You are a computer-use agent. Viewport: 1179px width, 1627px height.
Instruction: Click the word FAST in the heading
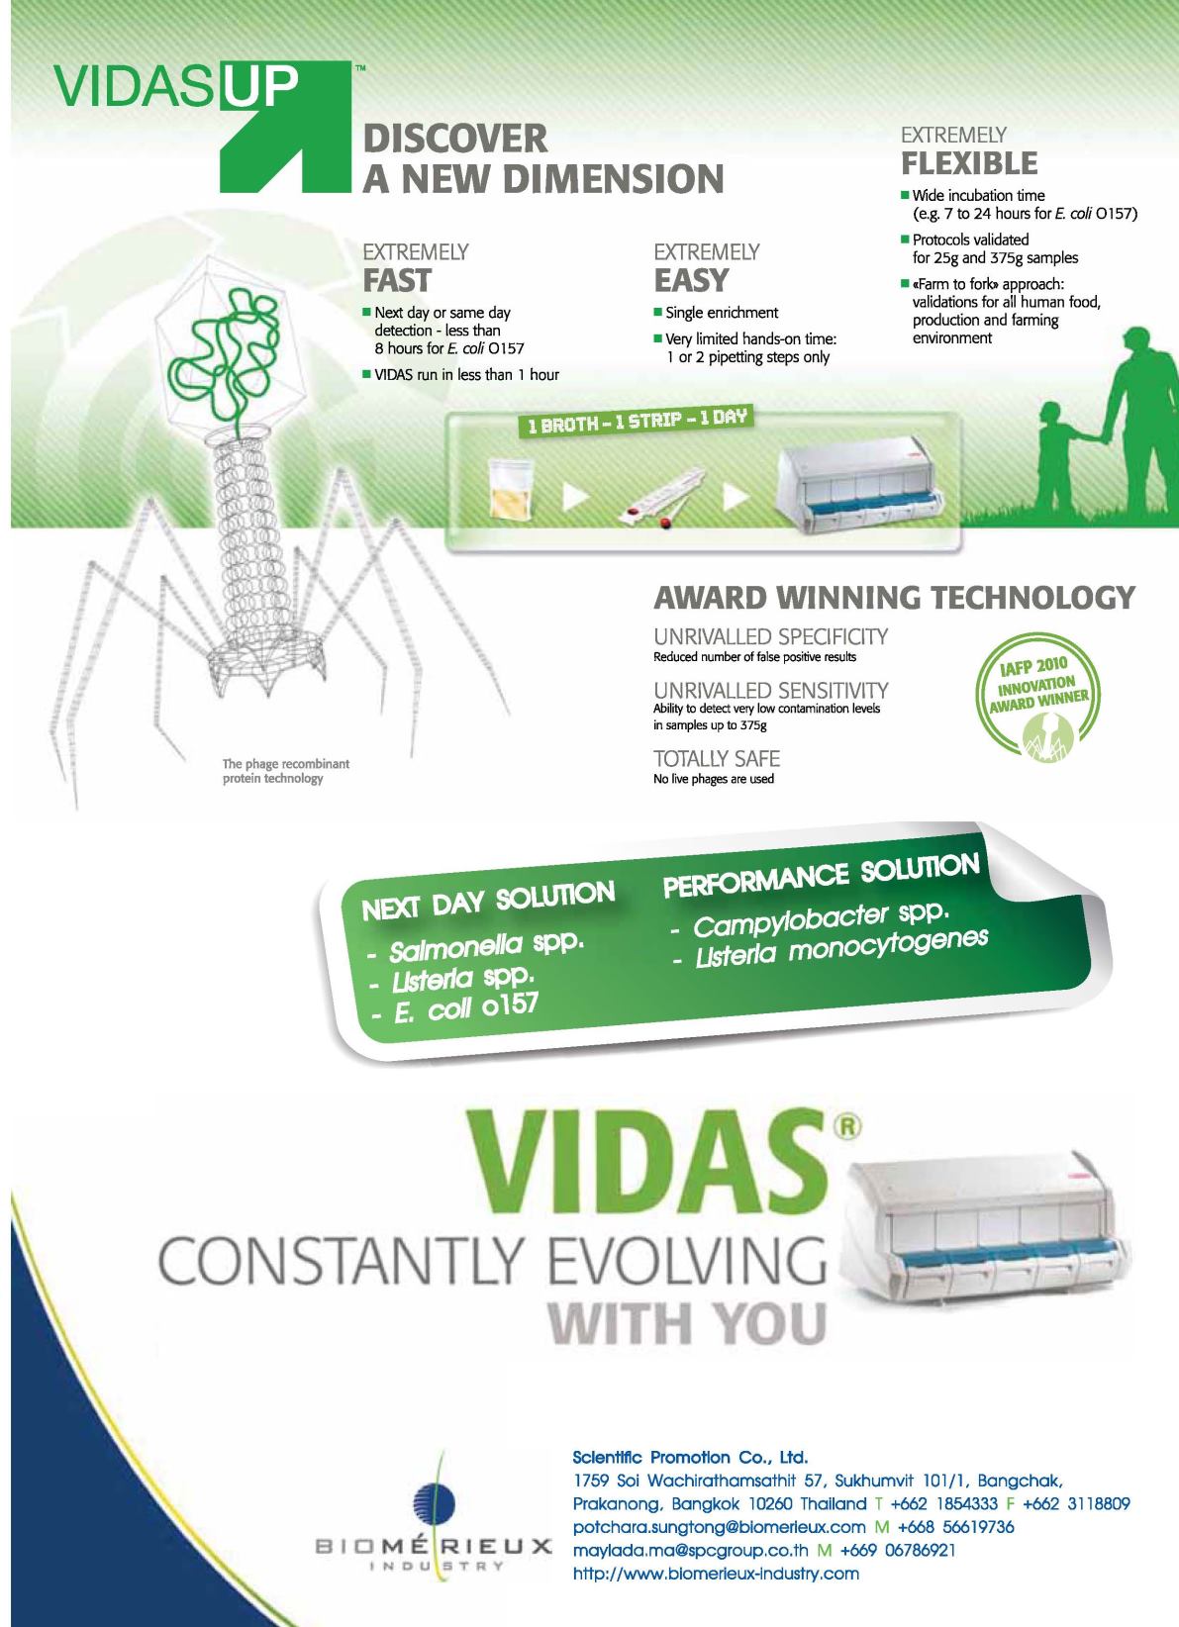tap(397, 280)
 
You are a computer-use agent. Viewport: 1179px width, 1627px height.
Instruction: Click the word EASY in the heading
tap(691, 280)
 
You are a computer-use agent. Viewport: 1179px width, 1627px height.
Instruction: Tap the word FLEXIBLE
tap(969, 162)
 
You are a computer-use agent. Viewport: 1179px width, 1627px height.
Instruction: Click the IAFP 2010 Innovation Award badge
tap(1037, 699)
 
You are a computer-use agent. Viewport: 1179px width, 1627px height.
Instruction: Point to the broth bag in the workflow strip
tap(510, 488)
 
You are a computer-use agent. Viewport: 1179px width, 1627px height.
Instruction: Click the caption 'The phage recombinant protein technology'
tap(285, 771)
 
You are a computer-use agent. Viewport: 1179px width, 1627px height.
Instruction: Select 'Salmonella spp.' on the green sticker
tap(486, 946)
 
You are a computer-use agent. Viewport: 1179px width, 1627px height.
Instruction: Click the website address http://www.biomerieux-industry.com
tap(716, 1574)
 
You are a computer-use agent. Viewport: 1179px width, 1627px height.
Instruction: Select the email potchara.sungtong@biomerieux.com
tap(719, 1527)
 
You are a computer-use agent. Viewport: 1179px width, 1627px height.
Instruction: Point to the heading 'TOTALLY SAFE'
tap(717, 758)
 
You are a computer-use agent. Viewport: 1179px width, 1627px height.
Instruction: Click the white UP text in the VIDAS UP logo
tap(259, 86)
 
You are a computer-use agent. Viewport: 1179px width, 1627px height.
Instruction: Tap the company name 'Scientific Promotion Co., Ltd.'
tap(690, 1457)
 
